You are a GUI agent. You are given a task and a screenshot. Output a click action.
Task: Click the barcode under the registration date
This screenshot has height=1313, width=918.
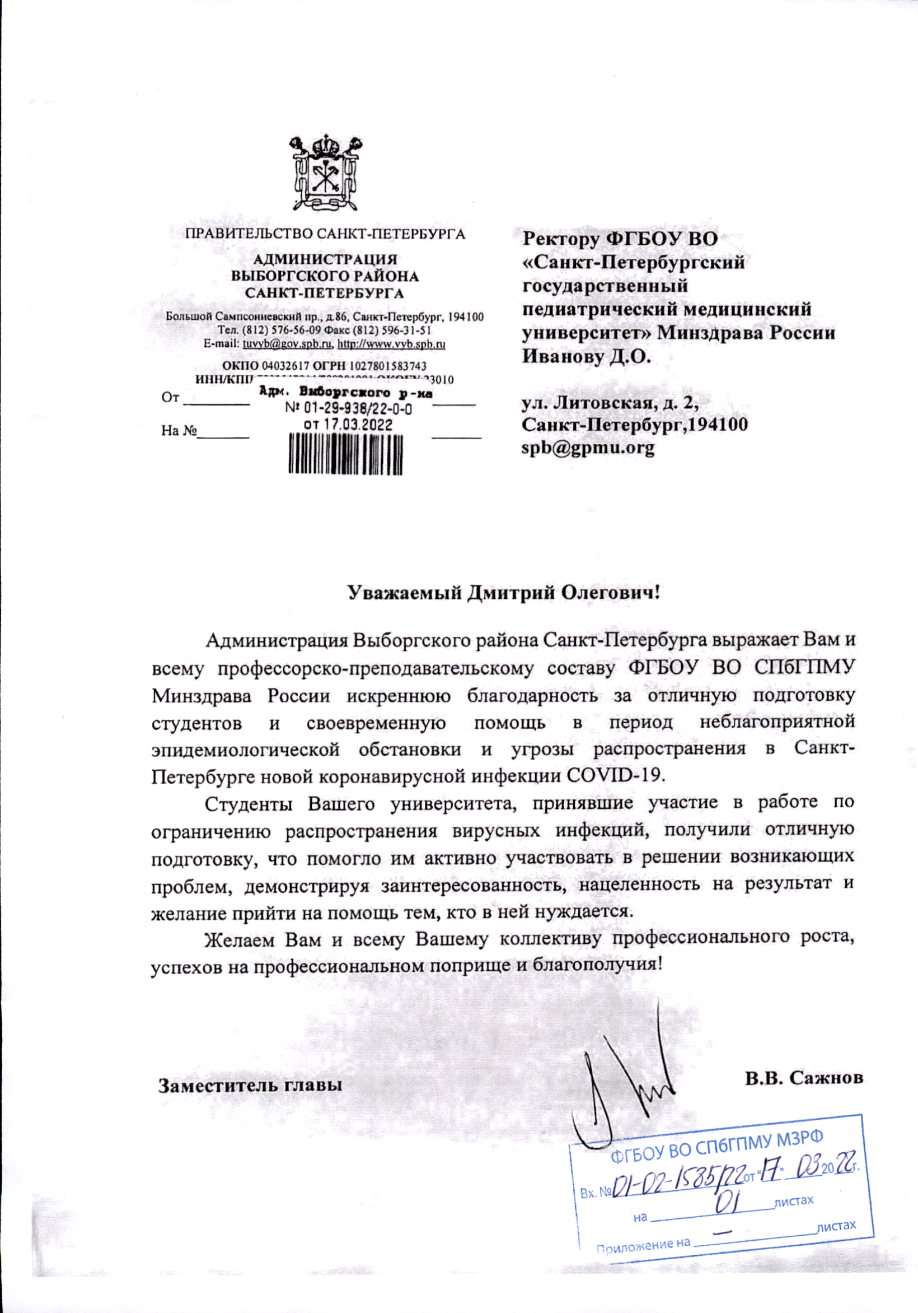tap(345, 454)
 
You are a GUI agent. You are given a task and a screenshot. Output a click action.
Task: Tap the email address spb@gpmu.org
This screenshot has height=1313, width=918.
tap(588, 448)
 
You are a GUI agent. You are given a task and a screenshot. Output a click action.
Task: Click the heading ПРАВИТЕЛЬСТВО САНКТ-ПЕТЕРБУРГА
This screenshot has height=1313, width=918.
tap(325, 234)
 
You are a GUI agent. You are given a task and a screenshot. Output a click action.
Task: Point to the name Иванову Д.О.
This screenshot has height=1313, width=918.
tap(587, 357)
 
